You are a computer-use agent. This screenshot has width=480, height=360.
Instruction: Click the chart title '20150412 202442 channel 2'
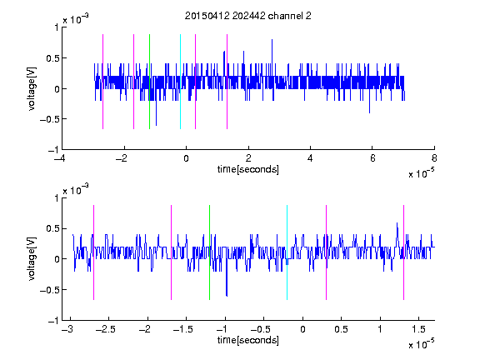click(248, 16)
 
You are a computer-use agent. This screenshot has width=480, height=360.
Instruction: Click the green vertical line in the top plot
click(149, 82)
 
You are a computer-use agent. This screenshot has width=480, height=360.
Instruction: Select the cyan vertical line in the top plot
click(180, 82)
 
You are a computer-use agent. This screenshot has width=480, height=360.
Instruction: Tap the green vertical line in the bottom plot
click(209, 252)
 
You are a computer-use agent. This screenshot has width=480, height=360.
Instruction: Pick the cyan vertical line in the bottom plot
click(287, 252)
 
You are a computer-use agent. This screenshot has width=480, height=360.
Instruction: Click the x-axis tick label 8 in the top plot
click(434, 158)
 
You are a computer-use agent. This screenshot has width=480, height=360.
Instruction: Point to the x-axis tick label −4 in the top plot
click(59, 158)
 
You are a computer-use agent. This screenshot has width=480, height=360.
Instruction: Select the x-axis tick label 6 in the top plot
click(372, 158)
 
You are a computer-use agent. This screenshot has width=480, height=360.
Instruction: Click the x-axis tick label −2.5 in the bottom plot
click(105, 329)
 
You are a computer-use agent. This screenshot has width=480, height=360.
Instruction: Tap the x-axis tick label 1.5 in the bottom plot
click(418, 329)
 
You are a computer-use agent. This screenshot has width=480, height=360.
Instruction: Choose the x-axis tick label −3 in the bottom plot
click(67, 329)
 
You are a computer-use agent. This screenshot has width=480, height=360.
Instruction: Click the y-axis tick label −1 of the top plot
click(53, 150)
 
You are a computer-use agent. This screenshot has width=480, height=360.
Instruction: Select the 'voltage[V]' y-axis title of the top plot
click(32, 88)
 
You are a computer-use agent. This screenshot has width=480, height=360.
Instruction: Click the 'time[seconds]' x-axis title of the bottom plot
click(248, 340)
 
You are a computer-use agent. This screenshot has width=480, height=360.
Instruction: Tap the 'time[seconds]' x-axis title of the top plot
click(248, 169)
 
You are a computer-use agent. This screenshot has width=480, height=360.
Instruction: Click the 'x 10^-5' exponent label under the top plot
click(421, 173)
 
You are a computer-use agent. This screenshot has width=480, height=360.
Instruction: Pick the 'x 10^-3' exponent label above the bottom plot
click(76, 190)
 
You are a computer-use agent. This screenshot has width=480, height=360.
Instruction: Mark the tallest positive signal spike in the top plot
click(272, 61)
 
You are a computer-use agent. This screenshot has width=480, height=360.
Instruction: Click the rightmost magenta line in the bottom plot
click(403, 252)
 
